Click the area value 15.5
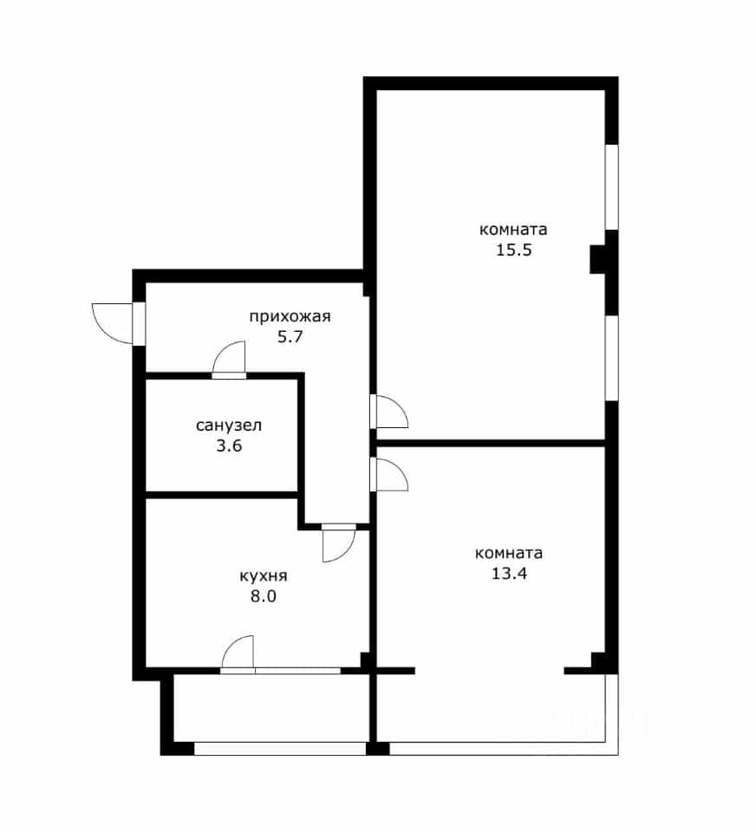click(513, 250)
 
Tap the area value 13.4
click(509, 574)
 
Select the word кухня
click(264, 576)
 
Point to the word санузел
click(229, 426)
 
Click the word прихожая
click(290, 317)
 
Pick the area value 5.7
click(290, 337)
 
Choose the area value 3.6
click(229, 445)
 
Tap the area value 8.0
click(264, 596)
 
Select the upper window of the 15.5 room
click(612, 187)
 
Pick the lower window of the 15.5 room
click(612, 358)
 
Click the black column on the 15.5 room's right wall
click(598, 259)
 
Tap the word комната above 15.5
click(513, 230)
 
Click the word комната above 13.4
click(509, 554)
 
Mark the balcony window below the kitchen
click(280, 749)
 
